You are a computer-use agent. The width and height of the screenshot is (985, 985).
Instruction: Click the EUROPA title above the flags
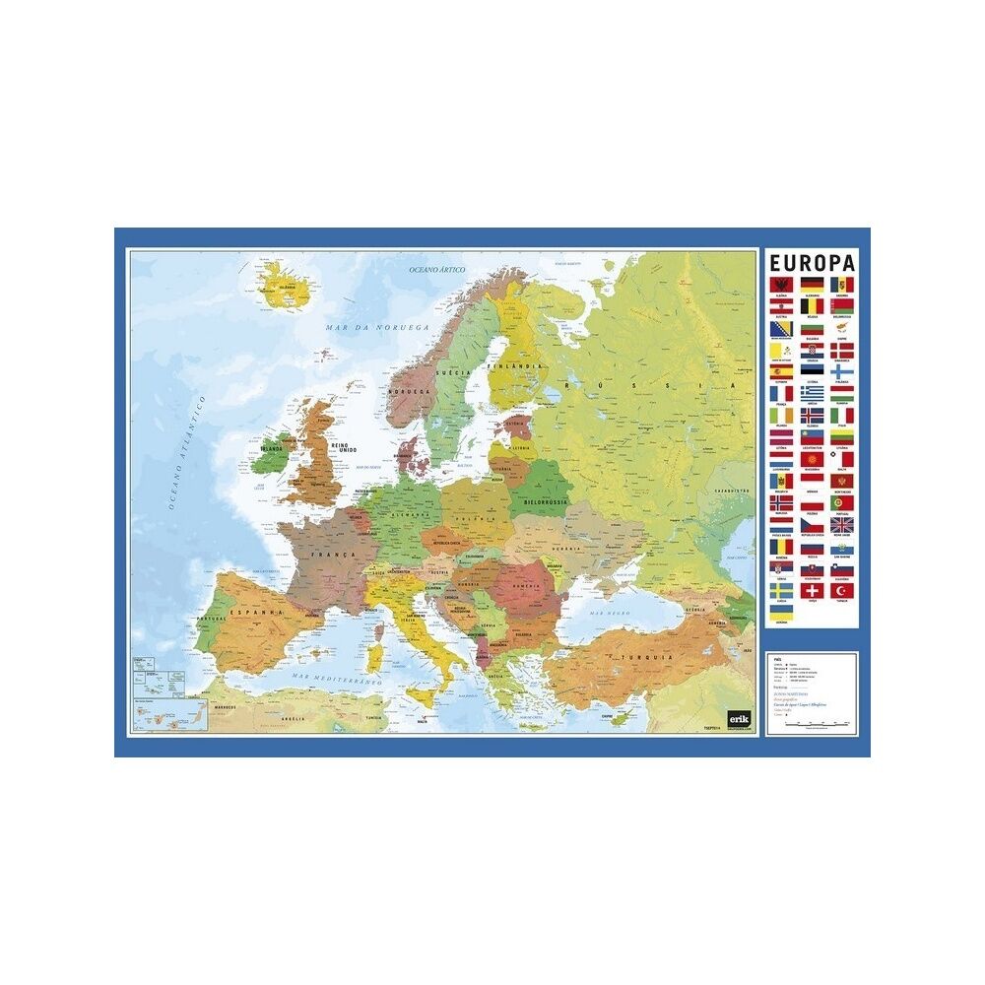click(812, 263)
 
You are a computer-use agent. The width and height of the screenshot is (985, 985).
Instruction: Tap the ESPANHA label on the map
click(257, 612)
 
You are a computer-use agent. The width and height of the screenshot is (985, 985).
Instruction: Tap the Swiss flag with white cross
click(812, 591)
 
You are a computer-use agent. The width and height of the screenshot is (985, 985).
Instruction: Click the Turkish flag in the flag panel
click(841, 591)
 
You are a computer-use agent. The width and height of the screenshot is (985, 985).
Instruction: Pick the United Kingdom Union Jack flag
click(841, 525)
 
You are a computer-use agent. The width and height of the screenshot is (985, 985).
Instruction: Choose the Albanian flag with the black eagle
click(781, 284)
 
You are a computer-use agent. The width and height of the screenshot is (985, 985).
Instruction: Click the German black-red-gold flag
click(812, 284)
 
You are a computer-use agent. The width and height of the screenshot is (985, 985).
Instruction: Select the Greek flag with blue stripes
click(812, 392)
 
